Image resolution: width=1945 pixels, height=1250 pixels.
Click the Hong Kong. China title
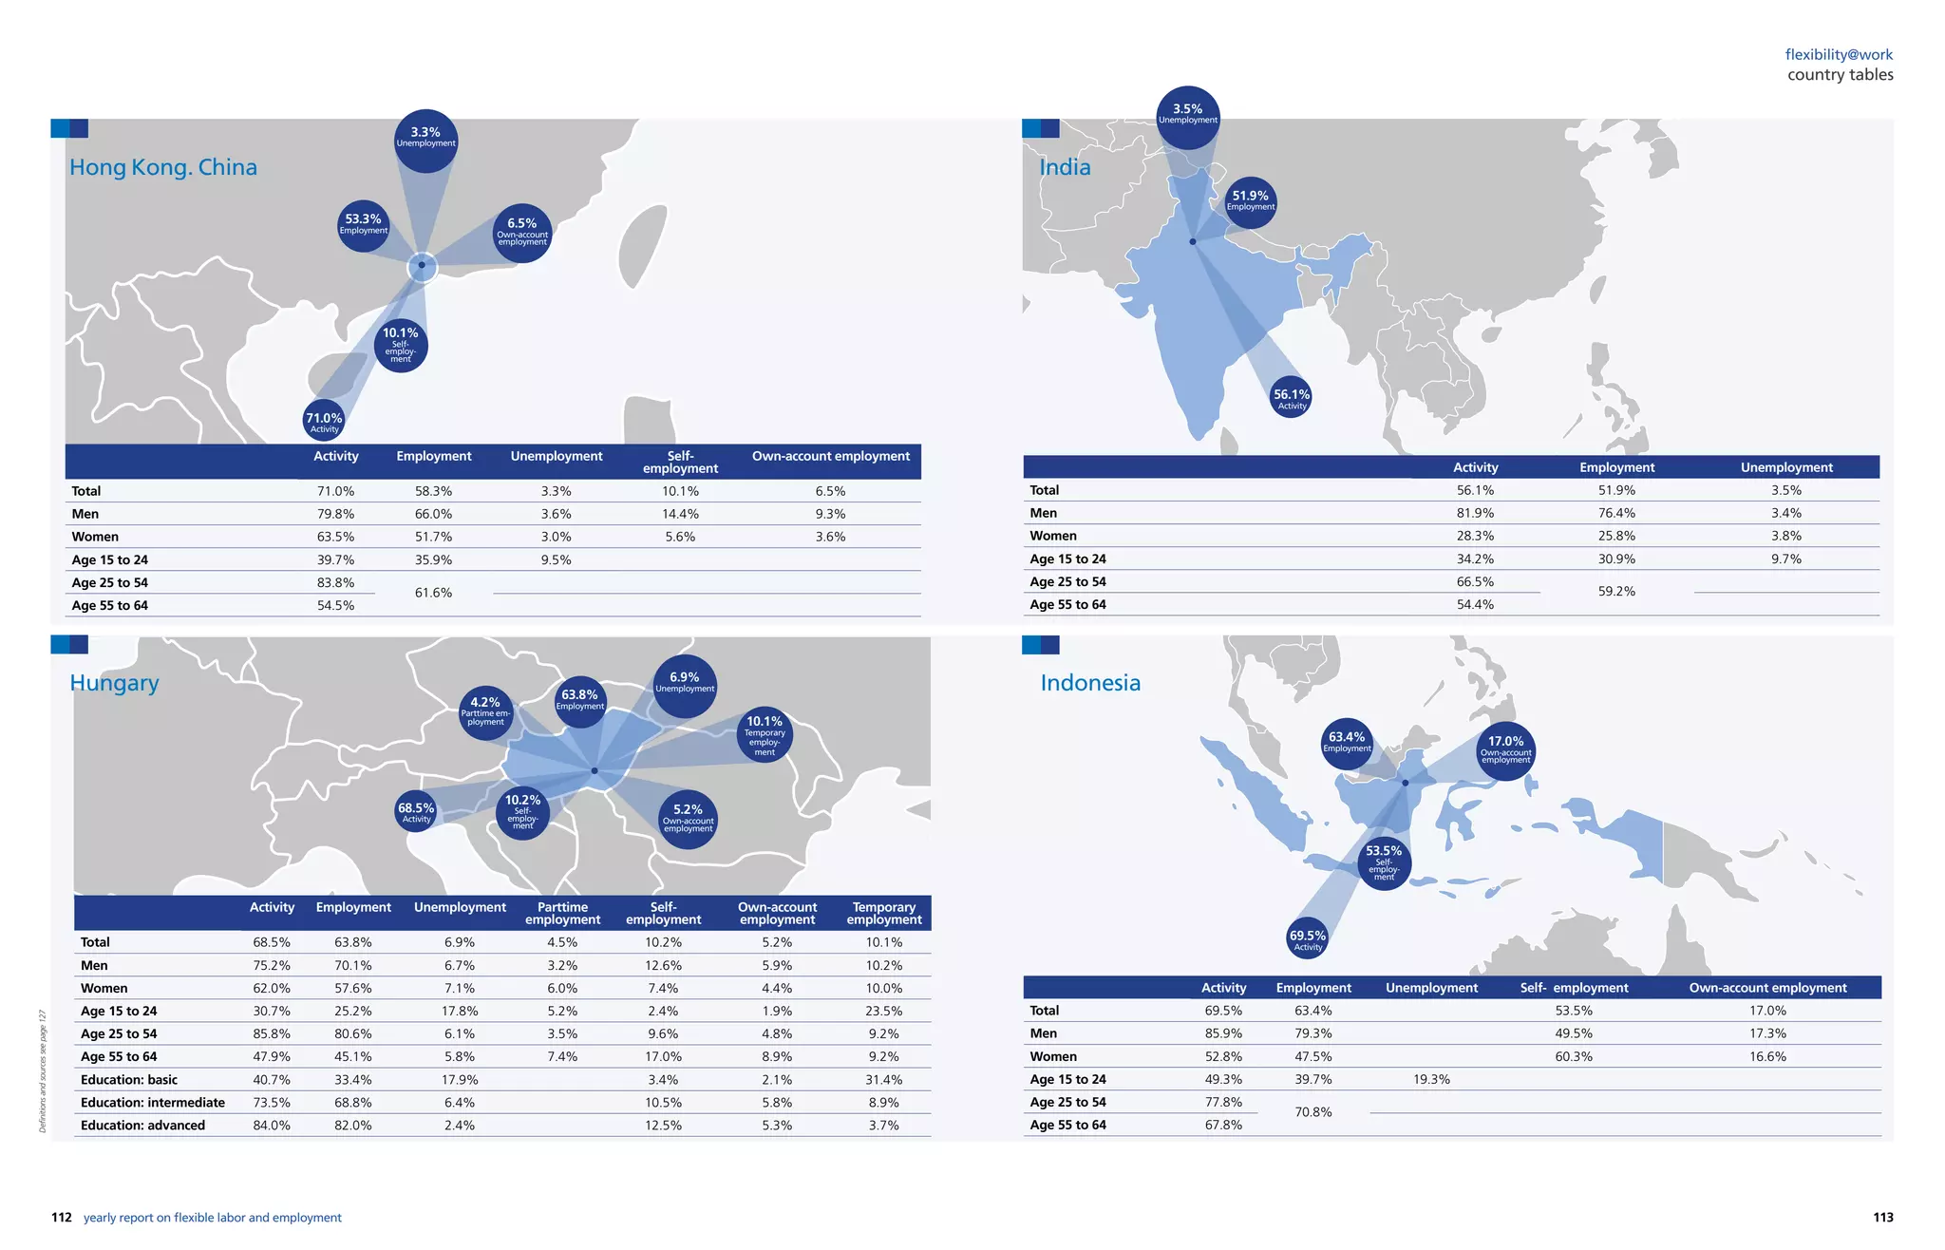pos(162,167)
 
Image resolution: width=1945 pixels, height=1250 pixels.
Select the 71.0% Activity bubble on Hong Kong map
pos(324,422)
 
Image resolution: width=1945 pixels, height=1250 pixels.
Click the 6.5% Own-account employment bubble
pos(522,233)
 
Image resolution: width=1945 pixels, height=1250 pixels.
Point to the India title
pos(1065,167)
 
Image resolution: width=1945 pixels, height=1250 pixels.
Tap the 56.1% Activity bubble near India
pos(1292,398)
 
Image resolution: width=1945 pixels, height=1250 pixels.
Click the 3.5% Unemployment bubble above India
pos(1187,116)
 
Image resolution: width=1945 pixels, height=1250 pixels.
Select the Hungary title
pos(114,683)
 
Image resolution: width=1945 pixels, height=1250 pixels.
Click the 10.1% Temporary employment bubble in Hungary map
pos(765,734)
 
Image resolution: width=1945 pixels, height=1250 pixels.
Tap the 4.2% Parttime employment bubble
pos(485,711)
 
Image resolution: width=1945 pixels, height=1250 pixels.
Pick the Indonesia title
pos(1090,683)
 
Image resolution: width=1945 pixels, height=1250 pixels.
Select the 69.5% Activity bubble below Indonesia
pos(1308,938)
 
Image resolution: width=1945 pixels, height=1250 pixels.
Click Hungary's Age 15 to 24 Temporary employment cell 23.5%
pos(883,1011)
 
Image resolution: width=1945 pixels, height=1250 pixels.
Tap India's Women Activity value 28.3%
pos(1475,536)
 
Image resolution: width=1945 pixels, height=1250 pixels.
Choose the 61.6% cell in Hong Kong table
pos(433,593)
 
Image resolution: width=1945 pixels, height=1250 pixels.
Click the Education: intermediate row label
pos(153,1103)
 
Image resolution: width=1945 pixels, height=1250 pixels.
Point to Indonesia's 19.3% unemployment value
pos(1431,1079)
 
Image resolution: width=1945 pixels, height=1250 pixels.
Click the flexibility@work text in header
pos(1839,55)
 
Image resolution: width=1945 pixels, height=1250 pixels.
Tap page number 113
pos(1882,1217)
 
